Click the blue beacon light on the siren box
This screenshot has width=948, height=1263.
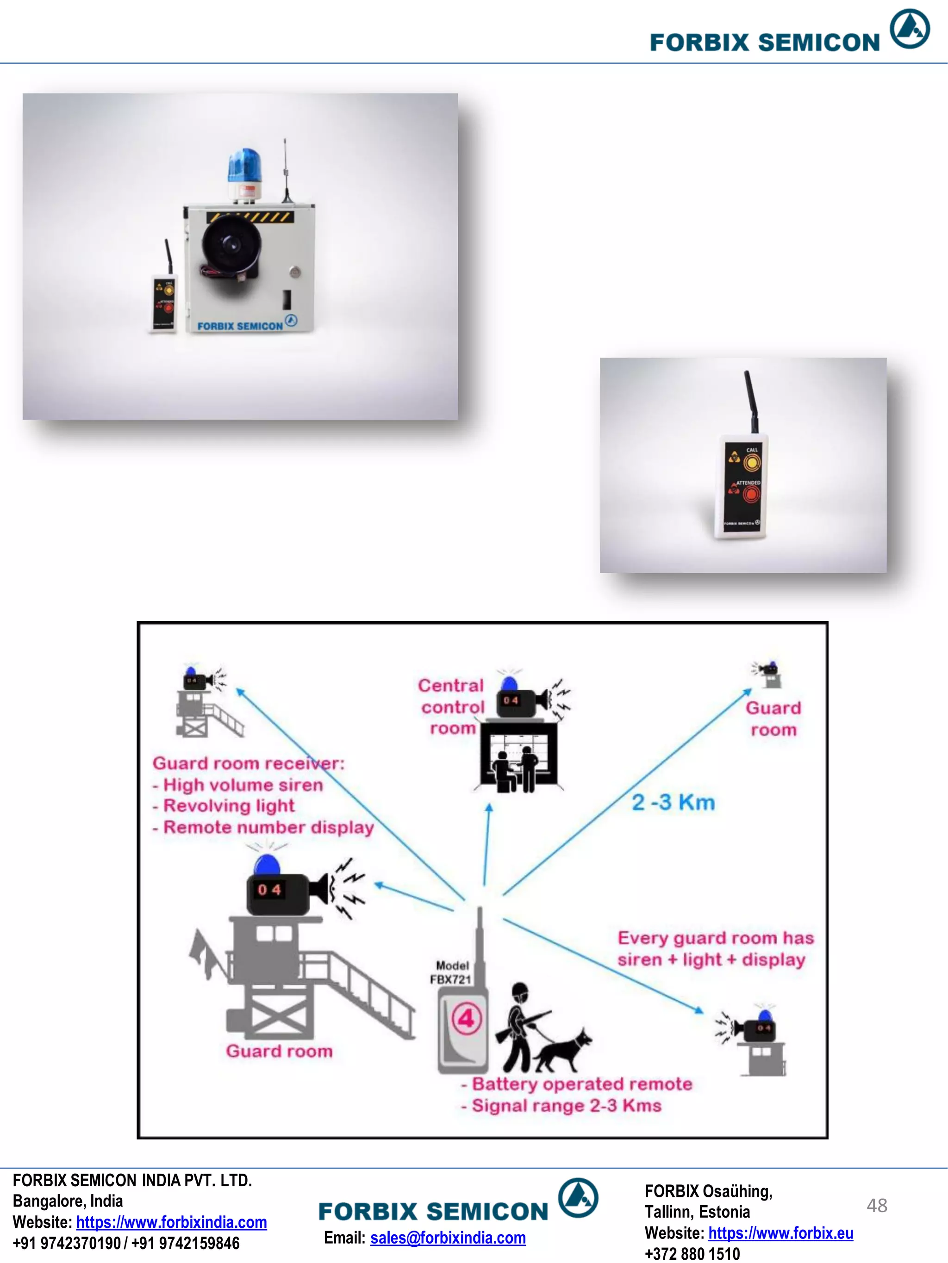tap(243, 166)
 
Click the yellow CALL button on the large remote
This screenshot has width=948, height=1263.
tap(752, 463)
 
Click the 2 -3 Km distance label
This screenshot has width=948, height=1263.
tap(673, 802)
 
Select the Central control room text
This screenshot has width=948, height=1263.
tap(451, 707)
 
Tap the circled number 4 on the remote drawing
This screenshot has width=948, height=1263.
tap(467, 1019)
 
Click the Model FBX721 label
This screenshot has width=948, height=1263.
tap(451, 972)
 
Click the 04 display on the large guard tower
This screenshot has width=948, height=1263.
tap(268, 890)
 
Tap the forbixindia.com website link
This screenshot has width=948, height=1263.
tap(171, 1222)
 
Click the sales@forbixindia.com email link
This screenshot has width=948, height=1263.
tap(448, 1238)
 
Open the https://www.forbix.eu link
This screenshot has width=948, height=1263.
tap(780, 1233)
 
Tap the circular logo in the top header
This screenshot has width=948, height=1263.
tap(910, 29)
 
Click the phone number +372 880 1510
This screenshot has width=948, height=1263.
tap(692, 1254)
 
